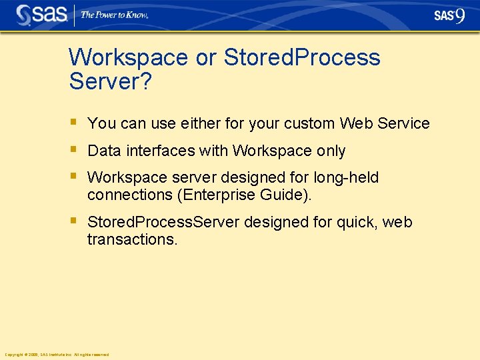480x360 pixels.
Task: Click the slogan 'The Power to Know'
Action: click(114, 15)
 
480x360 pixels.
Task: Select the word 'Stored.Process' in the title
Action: click(302, 57)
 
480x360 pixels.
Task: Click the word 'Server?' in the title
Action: click(111, 82)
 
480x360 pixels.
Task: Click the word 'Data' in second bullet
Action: click(103, 151)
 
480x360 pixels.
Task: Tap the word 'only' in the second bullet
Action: click(331, 151)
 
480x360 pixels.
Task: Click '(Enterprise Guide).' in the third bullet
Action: click(250, 195)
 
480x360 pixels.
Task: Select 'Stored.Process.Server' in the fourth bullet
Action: click(163, 222)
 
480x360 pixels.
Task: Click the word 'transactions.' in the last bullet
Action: click(133, 239)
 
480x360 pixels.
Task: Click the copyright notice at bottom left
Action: click(56, 354)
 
